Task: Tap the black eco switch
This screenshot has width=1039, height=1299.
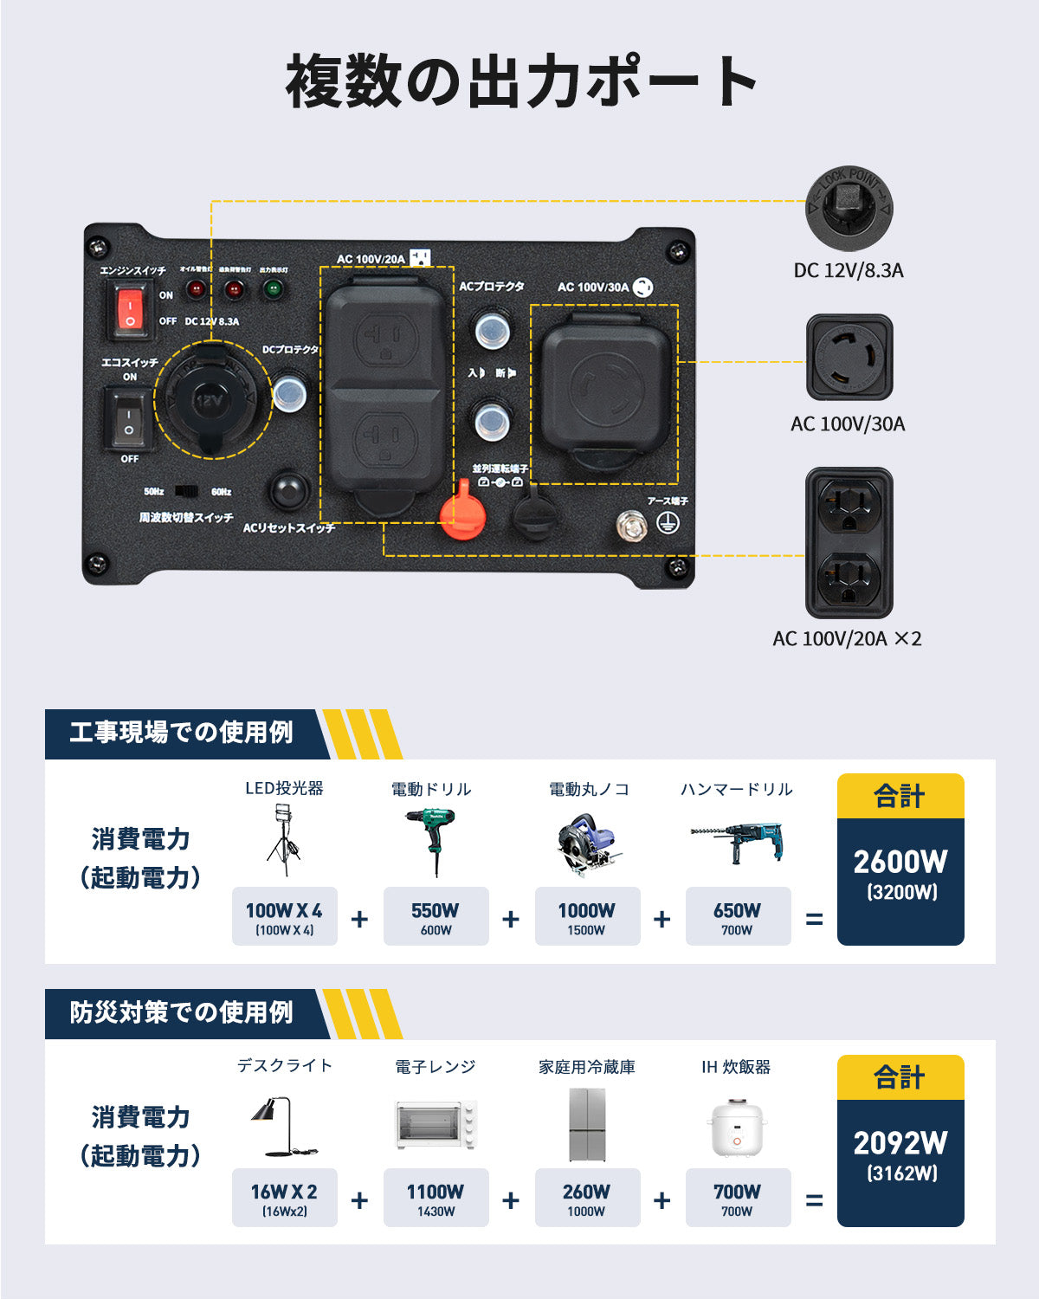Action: coord(127,419)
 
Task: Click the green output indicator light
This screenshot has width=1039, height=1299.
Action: coord(273,289)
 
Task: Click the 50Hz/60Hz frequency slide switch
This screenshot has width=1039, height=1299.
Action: coord(186,491)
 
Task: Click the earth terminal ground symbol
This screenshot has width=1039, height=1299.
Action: coord(667,523)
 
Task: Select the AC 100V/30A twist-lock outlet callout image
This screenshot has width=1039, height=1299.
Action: coord(849,358)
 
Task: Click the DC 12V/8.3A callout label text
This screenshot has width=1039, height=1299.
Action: coord(848,271)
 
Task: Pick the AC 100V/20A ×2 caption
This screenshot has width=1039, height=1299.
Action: coord(846,639)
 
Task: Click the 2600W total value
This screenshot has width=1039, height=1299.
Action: coord(900,862)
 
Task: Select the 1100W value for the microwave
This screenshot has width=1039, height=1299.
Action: coord(435,1192)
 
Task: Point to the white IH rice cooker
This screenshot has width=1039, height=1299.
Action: coord(736,1127)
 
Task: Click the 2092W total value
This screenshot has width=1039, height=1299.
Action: coord(900,1143)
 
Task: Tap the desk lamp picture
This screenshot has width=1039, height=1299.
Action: coord(282,1127)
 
